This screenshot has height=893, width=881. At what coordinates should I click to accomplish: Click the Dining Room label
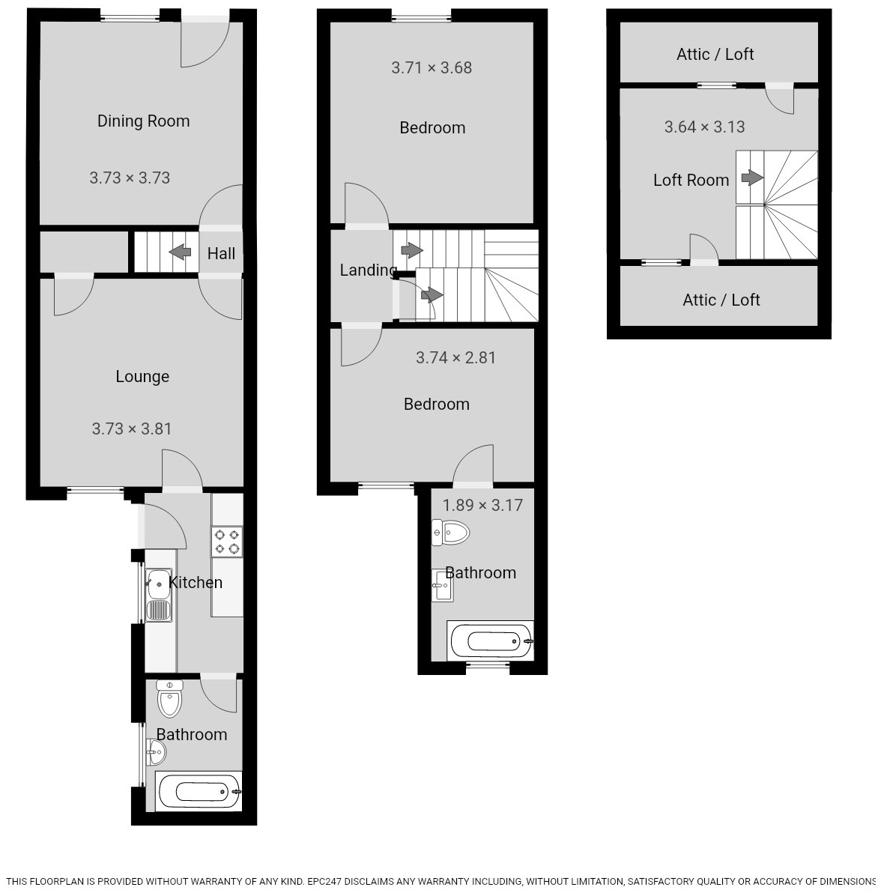point(143,121)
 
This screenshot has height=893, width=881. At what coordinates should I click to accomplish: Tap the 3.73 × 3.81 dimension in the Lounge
point(132,429)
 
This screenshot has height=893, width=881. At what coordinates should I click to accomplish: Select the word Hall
point(221,253)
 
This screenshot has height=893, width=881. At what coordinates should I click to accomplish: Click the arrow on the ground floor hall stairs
point(180,252)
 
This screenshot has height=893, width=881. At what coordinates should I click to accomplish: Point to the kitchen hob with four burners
point(227,542)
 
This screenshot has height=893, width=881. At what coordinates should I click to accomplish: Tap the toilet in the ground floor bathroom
point(170,700)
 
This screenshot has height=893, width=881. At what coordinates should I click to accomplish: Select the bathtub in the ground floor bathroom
point(199,790)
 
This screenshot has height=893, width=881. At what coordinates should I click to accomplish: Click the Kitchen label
point(196,582)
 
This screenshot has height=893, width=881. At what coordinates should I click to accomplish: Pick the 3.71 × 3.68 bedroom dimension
point(432,67)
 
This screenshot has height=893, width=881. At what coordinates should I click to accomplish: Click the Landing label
point(368,270)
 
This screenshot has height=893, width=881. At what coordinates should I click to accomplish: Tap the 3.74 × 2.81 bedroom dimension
point(455,357)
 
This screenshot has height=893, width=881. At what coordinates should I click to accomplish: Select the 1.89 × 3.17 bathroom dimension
point(482,505)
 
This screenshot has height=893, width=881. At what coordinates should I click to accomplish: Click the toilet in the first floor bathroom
point(451,533)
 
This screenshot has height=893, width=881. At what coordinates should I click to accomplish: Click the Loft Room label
point(691,180)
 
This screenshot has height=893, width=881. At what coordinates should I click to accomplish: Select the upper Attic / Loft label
point(715,54)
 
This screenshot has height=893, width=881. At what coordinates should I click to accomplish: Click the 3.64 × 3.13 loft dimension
point(704,127)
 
